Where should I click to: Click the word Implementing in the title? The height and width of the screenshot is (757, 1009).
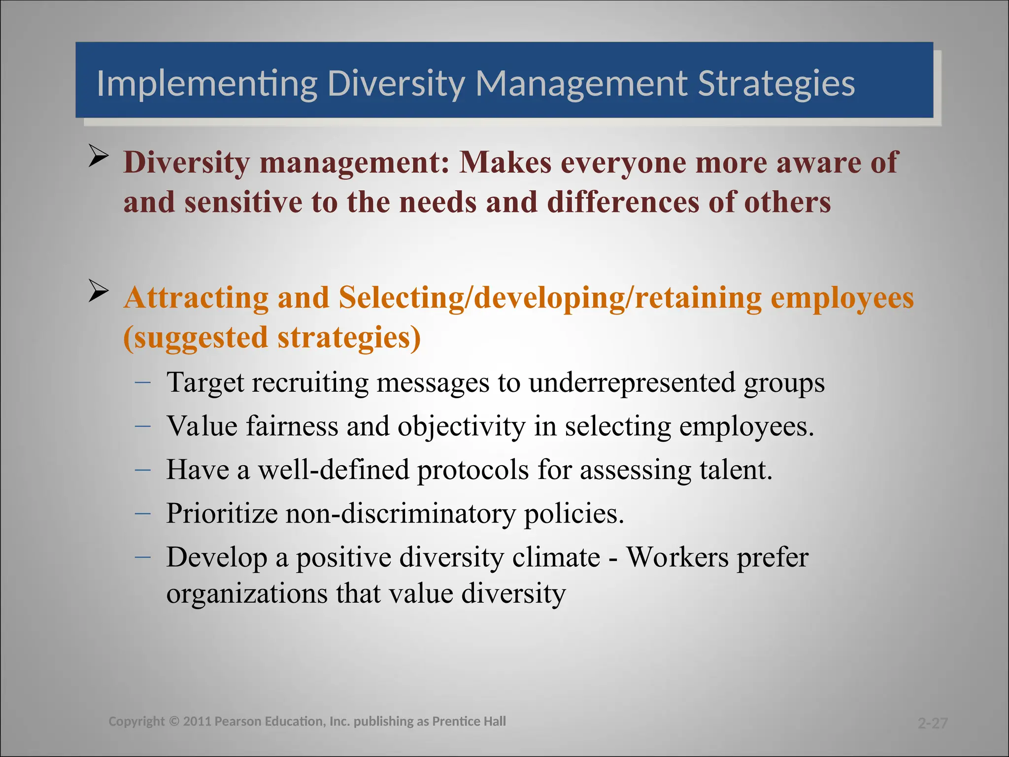click(206, 84)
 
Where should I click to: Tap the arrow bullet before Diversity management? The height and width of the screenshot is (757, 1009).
click(99, 157)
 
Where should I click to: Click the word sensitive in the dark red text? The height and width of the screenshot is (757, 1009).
click(243, 203)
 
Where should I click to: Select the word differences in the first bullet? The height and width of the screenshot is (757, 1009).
click(623, 203)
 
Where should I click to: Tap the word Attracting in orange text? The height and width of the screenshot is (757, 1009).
click(196, 298)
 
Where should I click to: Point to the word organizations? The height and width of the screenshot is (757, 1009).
click(247, 593)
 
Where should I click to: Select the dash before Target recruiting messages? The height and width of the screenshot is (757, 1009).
click(142, 382)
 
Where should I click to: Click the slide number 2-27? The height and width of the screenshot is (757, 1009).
click(933, 723)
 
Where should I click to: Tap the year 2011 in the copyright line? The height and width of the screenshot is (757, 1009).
click(198, 722)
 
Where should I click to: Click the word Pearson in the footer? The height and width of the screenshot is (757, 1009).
click(238, 722)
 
